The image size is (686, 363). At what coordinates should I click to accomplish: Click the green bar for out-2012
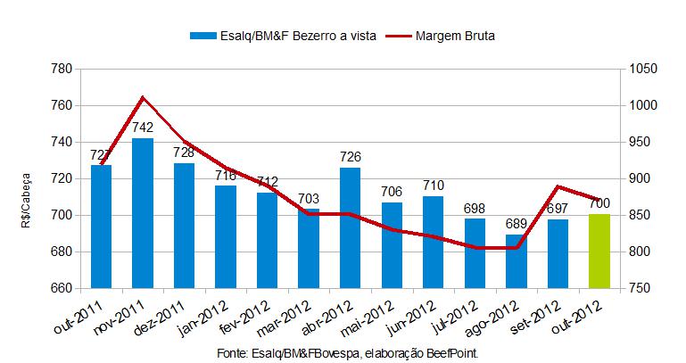click(x=599, y=252)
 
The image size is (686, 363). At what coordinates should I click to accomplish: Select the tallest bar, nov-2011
click(x=143, y=213)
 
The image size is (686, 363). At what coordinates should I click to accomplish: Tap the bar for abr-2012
click(x=351, y=227)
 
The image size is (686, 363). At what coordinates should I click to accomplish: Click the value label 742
click(x=143, y=128)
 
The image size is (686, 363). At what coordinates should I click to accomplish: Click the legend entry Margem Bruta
click(x=455, y=37)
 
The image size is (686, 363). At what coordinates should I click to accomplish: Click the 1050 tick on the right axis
click(x=642, y=69)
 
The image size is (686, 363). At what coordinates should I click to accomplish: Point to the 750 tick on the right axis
click(x=639, y=289)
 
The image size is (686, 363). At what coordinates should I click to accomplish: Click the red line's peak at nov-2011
click(x=143, y=97)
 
